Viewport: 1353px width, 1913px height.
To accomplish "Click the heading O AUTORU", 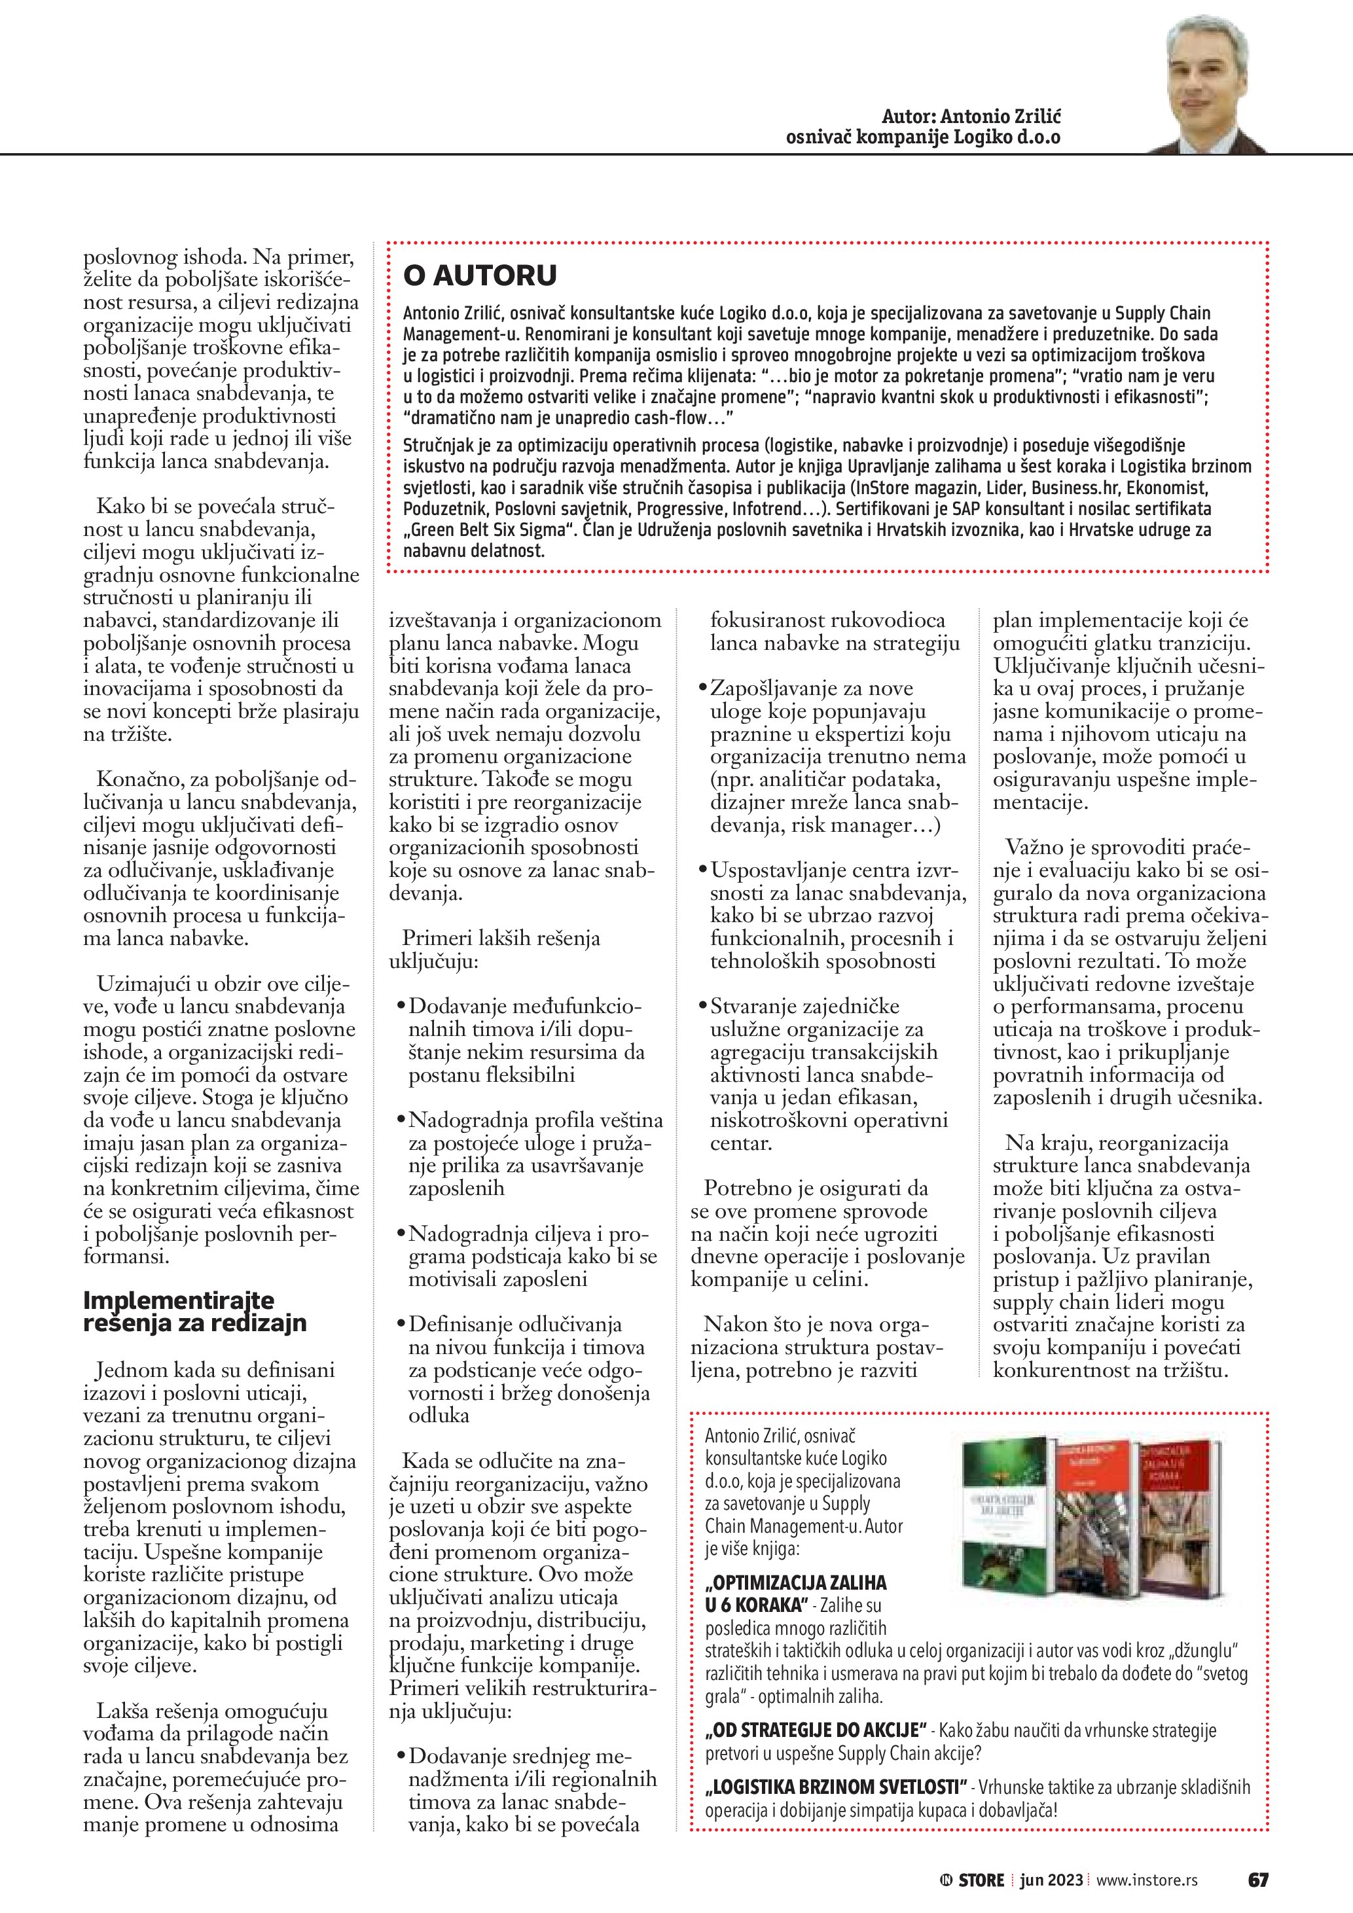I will click(480, 276).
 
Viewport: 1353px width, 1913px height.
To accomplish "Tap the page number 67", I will click(1258, 1880).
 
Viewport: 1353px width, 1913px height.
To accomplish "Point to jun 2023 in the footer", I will click(1051, 1880).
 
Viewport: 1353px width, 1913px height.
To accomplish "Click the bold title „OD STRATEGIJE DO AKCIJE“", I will click(816, 1731).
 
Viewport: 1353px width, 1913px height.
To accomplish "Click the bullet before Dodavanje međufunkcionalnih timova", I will click(401, 1007).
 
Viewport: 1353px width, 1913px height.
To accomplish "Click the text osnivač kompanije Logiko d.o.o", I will click(923, 137).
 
